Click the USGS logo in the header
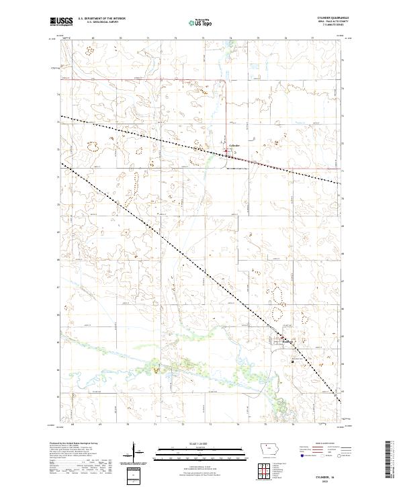[61, 21]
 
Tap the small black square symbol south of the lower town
[293, 359]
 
